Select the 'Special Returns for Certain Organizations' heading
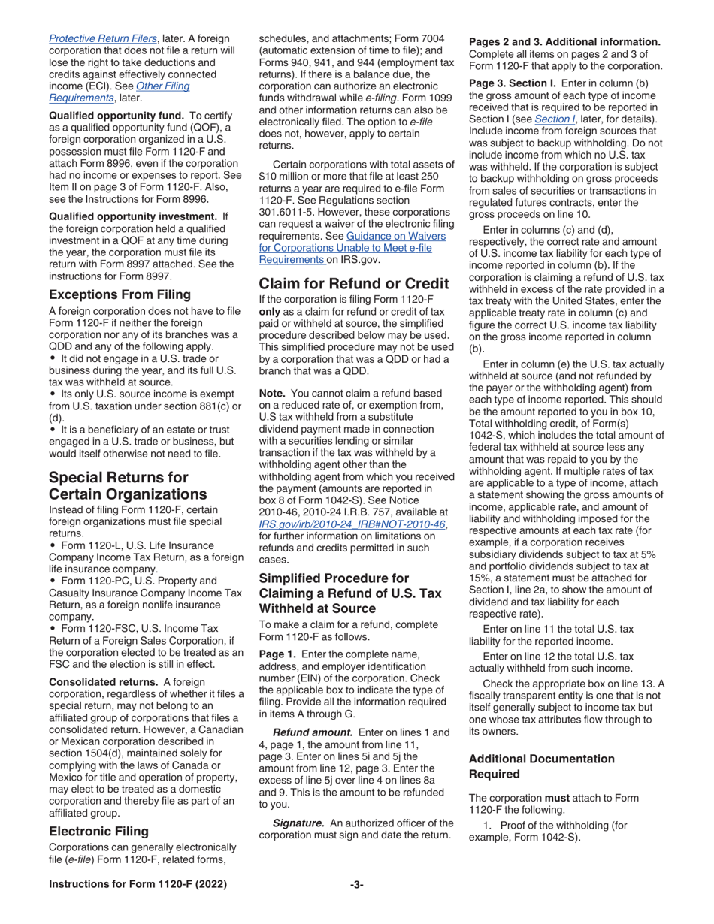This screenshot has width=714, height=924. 119,485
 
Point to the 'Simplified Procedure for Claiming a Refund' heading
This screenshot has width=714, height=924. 350,593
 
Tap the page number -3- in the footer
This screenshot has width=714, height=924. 357,885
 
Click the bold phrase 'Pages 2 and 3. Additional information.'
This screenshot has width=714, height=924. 564,41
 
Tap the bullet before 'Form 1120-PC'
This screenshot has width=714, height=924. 52,580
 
